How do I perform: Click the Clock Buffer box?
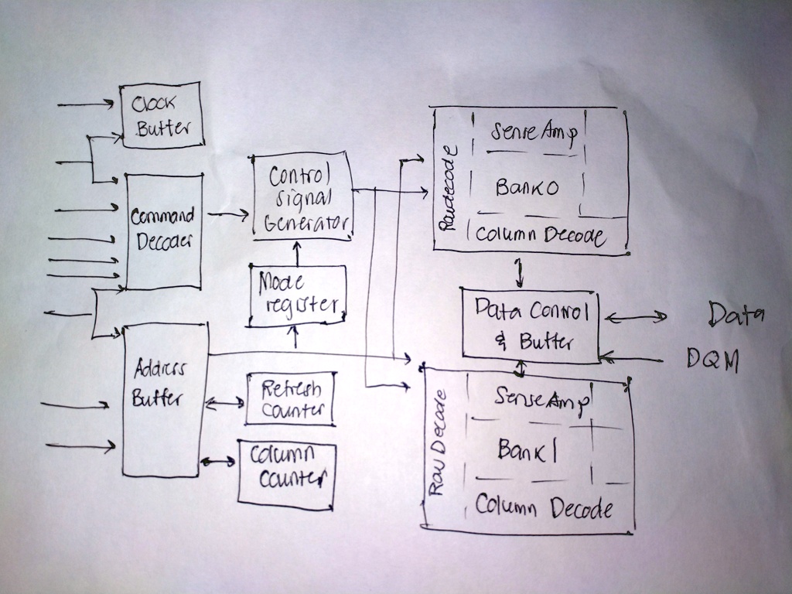click(162, 115)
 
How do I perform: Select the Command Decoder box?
click(164, 230)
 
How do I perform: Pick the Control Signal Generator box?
click(302, 198)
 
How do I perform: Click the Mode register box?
click(297, 295)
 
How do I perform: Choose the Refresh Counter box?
click(291, 399)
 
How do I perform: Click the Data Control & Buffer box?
click(530, 325)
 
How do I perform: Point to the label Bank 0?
click(527, 187)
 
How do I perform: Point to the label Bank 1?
click(527, 450)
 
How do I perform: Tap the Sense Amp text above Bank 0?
click(533, 132)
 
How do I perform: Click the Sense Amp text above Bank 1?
click(541, 398)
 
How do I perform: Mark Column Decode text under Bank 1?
click(544, 507)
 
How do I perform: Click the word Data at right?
click(736, 314)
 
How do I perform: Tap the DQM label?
click(712, 359)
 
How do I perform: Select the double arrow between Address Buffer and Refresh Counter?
click(225, 403)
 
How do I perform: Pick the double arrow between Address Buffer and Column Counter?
click(218, 462)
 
